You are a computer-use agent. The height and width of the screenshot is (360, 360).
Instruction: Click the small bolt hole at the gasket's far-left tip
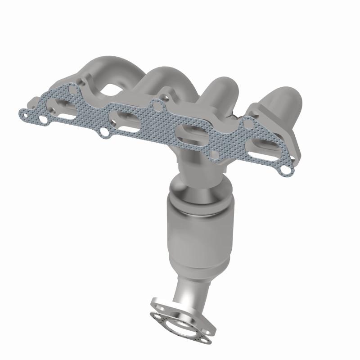[x=43, y=120]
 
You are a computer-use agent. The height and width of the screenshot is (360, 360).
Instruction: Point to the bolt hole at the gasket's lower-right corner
[x=285, y=170]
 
